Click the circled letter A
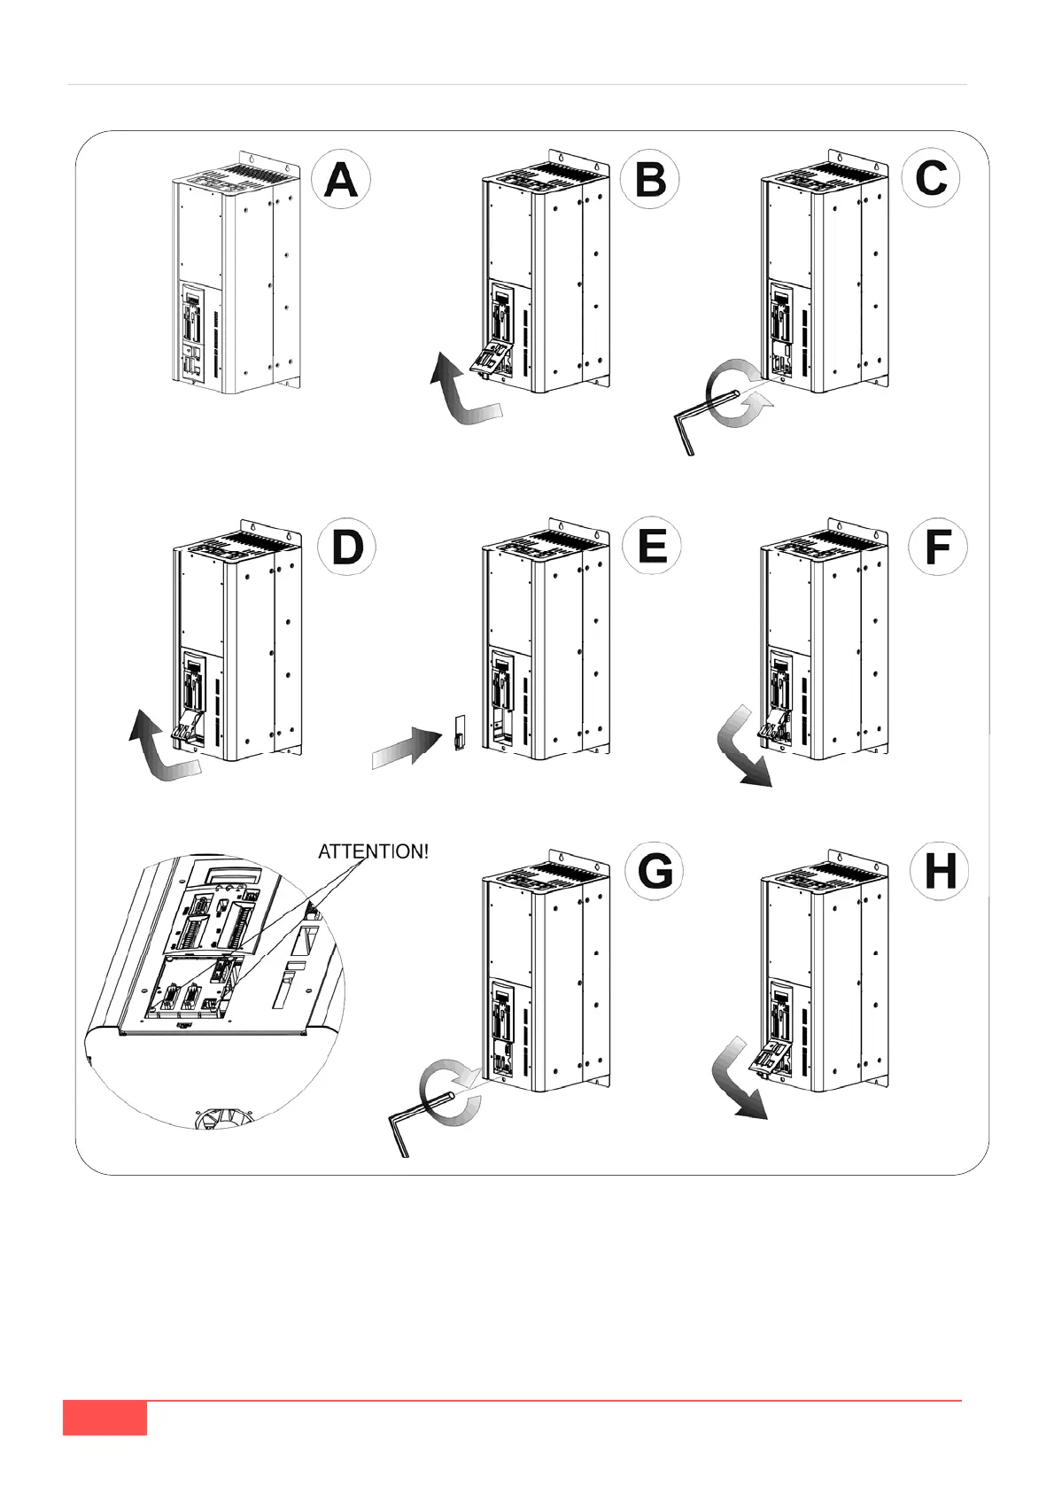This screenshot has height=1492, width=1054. (341, 180)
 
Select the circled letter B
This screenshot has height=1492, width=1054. (650, 180)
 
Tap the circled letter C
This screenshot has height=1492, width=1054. (931, 178)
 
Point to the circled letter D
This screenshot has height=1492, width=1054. (346, 547)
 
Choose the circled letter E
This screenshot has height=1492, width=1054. (652, 546)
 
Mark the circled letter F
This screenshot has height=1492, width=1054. (938, 547)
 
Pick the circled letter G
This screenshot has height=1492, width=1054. (655, 872)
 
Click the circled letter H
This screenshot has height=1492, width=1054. (939, 871)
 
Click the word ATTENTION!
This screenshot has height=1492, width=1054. (373, 851)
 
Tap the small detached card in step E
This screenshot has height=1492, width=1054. (458, 733)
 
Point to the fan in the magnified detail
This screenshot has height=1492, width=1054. (221, 1116)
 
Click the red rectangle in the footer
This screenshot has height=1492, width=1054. (105, 1417)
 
